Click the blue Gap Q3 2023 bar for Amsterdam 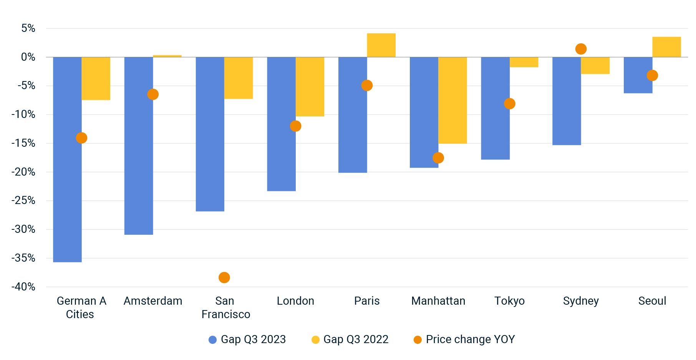coord(139,146)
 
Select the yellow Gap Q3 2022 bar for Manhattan coord(452,100)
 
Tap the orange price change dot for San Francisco coord(224,277)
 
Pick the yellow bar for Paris coord(381,45)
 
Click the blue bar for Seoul coord(638,75)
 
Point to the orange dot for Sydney coord(581,49)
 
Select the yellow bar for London coord(310,87)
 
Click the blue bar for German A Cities coord(67,159)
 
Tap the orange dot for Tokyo coord(509,104)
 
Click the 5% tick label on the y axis coord(28,28)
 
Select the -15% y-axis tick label coord(23,143)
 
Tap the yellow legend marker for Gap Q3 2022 coord(315,340)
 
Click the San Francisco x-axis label coord(225,307)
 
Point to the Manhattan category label coord(438,301)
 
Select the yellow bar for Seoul coord(666,47)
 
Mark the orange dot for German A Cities coord(81,138)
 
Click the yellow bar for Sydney coord(595,66)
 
